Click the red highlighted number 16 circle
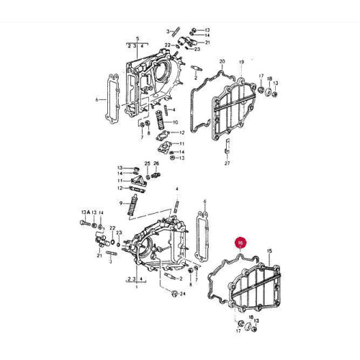tap(240, 244)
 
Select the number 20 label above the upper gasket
tap(222, 61)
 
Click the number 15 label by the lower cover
tap(269, 251)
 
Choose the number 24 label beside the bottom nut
tap(183, 294)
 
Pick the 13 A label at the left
tap(86, 212)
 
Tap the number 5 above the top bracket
tap(137, 37)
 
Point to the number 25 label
tap(146, 163)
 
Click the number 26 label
tap(156, 163)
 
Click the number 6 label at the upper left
tap(96, 100)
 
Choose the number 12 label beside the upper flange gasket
tap(182, 132)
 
